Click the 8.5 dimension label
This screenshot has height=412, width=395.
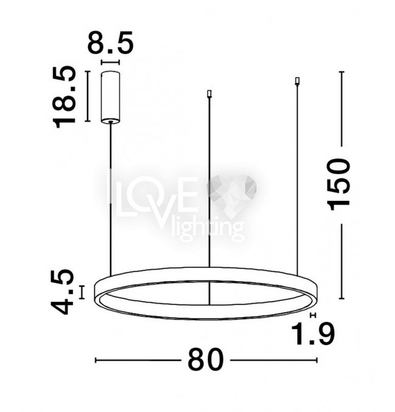point(110,43)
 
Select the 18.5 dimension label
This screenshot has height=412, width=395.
point(64,97)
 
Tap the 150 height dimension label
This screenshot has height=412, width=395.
point(338,184)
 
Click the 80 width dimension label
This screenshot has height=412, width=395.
point(205,359)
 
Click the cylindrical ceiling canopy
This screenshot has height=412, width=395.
point(111,97)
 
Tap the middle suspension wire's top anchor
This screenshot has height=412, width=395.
point(209,94)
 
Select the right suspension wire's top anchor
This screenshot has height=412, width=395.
point(297,81)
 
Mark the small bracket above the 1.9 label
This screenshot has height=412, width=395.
point(313,315)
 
